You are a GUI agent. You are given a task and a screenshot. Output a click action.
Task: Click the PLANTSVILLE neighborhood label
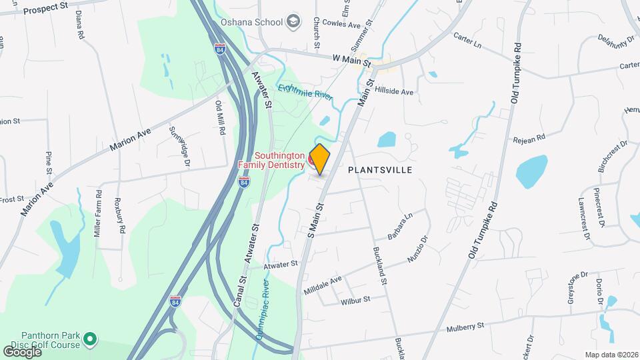[x=380, y=170]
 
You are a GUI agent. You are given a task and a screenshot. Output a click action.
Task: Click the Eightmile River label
[x=305, y=91]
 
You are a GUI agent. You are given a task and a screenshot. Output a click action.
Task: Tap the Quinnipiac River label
[x=262, y=309]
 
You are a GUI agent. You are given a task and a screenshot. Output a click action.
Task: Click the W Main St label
[x=351, y=60]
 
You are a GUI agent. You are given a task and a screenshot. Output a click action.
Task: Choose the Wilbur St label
[x=355, y=300]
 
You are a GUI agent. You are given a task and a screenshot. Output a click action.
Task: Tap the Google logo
[x=22, y=351]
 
